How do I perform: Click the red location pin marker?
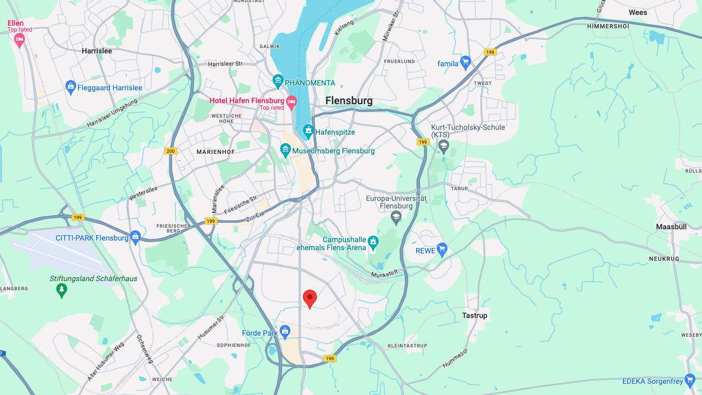[x=310, y=298]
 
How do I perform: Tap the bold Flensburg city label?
[x=349, y=100]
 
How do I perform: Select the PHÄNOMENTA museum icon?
[x=278, y=82]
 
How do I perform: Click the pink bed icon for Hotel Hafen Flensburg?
[x=291, y=101]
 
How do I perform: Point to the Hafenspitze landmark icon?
[x=308, y=131]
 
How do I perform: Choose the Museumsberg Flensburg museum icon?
[x=285, y=150]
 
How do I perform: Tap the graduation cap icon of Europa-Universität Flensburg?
[x=396, y=216]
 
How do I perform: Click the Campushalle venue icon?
[x=373, y=242]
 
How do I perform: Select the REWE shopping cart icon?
[x=441, y=249]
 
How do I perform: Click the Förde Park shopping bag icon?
[x=285, y=332]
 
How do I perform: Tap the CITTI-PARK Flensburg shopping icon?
[x=136, y=237]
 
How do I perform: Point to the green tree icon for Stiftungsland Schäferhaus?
[x=62, y=290]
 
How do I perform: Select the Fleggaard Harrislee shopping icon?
[x=71, y=87]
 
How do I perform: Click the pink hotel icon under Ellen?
[x=20, y=40]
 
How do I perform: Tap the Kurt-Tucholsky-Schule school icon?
[x=444, y=145]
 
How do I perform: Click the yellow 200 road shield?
[x=170, y=151]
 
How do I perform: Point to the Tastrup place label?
[x=474, y=315]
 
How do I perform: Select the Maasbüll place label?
[x=671, y=227]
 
